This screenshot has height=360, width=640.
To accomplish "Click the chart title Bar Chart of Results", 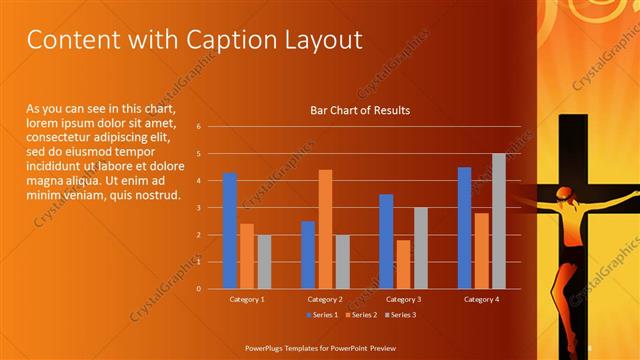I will click(360, 110).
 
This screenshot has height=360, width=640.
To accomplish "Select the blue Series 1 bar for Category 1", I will click(230, 231).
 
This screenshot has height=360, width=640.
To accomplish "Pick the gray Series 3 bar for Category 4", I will click(498, 221).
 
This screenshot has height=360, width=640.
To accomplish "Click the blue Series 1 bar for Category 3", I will click(386, 241).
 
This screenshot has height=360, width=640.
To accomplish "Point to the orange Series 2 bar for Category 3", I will click(403, 264).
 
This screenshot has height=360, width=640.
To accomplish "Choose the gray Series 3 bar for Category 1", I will click(264, 261).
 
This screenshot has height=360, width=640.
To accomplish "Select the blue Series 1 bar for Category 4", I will click(464, 228).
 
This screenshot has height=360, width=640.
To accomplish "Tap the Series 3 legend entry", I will click(399, 315).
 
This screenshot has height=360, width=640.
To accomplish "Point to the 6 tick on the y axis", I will click(199, 127).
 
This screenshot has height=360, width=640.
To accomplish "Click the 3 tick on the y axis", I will click(199, 208).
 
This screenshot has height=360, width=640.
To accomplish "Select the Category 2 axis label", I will click(325, 299).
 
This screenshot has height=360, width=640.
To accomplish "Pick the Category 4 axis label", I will click(481, 299).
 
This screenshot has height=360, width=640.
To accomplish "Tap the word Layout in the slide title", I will click(320, 40).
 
